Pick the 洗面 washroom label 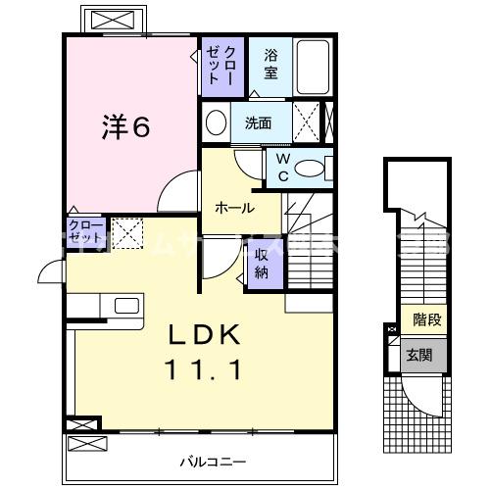259,123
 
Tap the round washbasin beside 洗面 216,123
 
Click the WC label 283,167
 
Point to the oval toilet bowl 314,169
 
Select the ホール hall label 235,208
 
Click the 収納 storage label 263,263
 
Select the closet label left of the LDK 84,233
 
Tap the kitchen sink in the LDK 128,305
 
